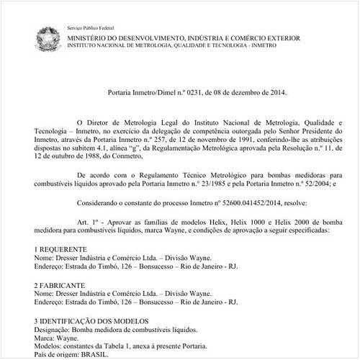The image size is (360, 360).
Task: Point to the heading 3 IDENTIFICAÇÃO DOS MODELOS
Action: pyautogui.click(x=91, y=320)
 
